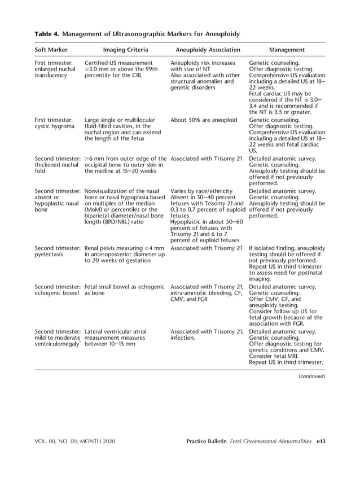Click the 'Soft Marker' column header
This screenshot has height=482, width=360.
click(x=52, y=50)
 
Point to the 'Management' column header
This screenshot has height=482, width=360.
click(x=287, y=50)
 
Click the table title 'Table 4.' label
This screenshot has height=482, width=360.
click(x=50, y=34)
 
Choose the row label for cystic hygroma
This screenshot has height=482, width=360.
click(x=53, y=124)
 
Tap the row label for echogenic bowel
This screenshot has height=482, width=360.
click(x=58, y=290)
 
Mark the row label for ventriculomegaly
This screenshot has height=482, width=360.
click(x=58, y=338)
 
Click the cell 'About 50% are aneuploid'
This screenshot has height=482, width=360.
click(x=202, y=120)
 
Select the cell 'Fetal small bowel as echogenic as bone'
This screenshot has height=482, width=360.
click(x=124, y=290)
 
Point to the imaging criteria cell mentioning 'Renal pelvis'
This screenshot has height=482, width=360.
click(x=124, y=255)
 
